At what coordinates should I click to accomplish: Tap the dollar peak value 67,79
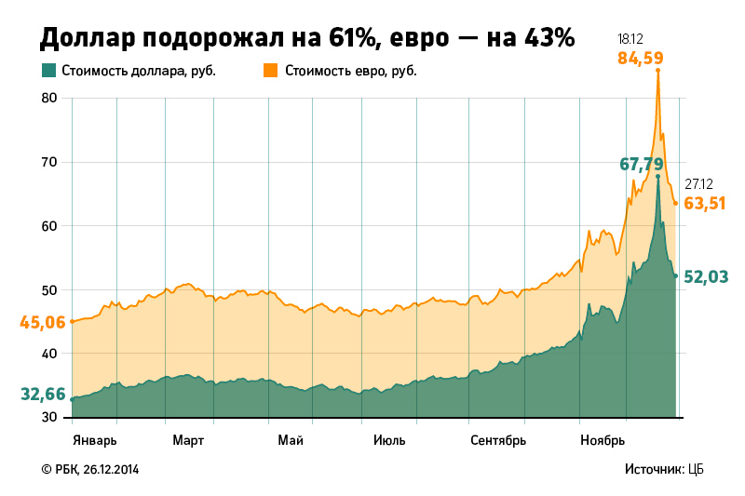pos(641,164)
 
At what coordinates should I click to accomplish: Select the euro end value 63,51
pos(705,203)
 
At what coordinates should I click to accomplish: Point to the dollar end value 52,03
pos(705,276)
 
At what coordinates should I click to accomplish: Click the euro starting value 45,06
pos(43,323)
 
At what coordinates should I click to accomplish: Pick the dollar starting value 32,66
pos(43,395)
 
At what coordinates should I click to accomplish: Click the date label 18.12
pos(630,39)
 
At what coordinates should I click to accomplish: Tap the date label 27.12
pos(698,184)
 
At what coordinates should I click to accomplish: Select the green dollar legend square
pos(48,71)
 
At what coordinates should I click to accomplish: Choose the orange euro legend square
pos(271,71)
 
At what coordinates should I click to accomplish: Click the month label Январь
pos(94,439)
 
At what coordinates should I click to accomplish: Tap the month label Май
pos(290,439)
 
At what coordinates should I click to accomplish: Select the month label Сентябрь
pos(498,439)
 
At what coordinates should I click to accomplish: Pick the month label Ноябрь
pos(602,439)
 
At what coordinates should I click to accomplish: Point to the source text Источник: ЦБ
pos(664,470)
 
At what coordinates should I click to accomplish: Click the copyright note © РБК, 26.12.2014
pos(90,470)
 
